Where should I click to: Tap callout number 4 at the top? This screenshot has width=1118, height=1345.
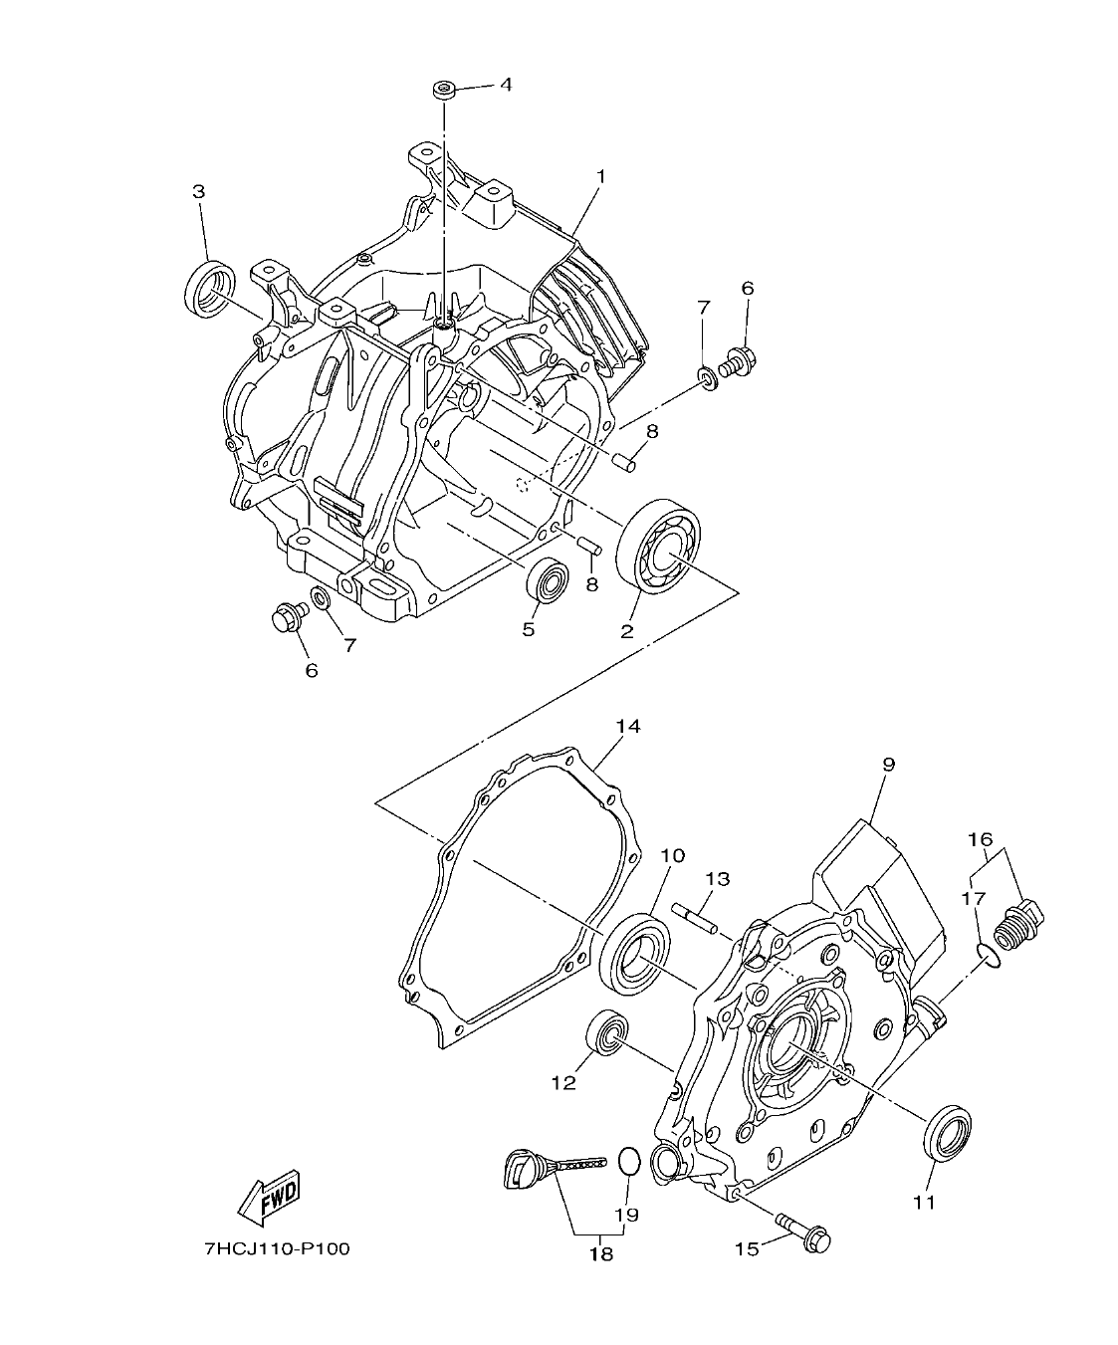(x=506, y=85)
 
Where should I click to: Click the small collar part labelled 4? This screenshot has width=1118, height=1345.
(x=444, y=91)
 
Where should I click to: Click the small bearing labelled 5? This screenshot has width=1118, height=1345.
(x=547, y=579)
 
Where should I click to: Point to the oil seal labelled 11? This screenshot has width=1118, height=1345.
(x=949, y=1131)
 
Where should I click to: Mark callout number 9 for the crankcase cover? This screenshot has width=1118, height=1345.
(x=888, y=765)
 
